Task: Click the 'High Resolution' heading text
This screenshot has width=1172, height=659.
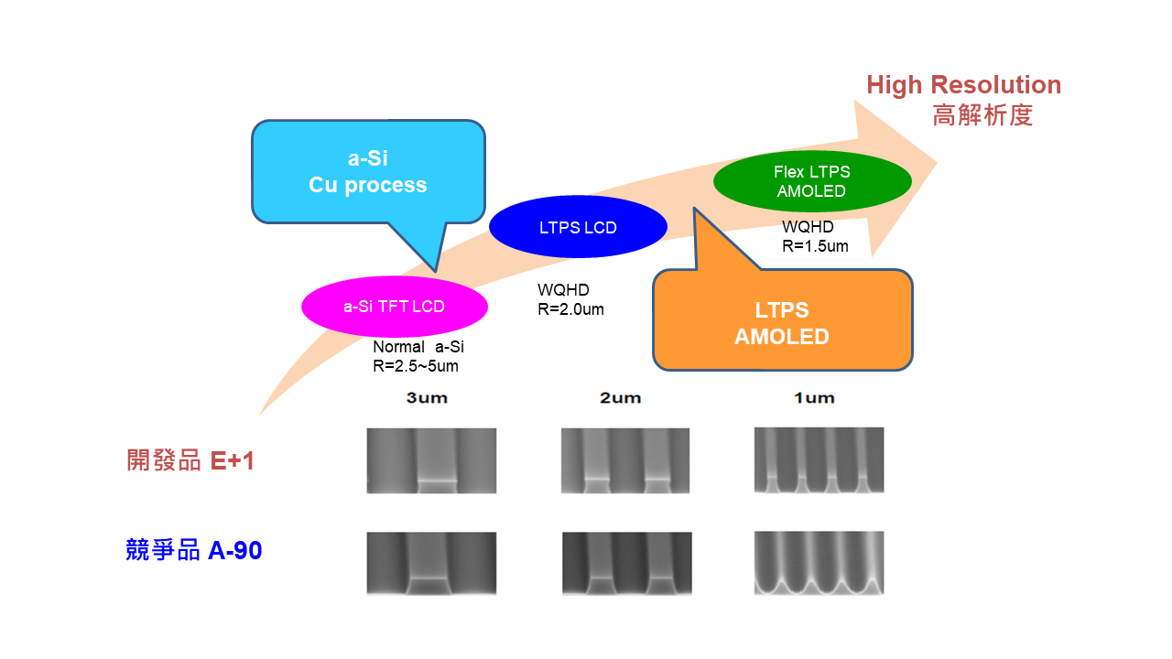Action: tap(964, 85)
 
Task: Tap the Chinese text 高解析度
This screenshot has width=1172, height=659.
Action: tap(982, 115)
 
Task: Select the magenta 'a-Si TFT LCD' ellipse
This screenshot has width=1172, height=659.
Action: tap(395, 307)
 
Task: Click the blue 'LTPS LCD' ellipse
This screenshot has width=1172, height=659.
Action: tap(578, 227)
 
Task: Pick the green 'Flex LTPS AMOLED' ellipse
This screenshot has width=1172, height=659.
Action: tap(812, 181)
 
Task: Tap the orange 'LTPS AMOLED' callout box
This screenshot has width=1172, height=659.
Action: tap(783, 320)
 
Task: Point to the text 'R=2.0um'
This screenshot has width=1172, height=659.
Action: tap(570, 309)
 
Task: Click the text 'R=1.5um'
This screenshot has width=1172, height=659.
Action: tap(815, 246)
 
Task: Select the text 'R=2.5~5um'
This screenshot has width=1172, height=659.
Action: tap(416, 366)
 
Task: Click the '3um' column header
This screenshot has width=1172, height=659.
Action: tap(427, 398)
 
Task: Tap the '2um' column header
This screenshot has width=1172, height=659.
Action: tap(621, 398)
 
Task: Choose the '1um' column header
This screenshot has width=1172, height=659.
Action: tap(814, 398)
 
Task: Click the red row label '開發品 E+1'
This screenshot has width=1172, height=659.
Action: tap(190, 460)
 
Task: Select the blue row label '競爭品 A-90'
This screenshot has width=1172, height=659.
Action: tap(194, 550)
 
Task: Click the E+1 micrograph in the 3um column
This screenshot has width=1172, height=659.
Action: tap(431, 460)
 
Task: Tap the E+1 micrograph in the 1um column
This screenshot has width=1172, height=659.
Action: tap(819, 460)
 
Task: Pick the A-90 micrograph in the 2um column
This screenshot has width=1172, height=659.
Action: tap(627, 564)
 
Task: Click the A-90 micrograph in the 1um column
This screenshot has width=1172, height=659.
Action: tap(819, 563)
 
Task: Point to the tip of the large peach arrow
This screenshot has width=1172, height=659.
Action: tap(937, 163)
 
